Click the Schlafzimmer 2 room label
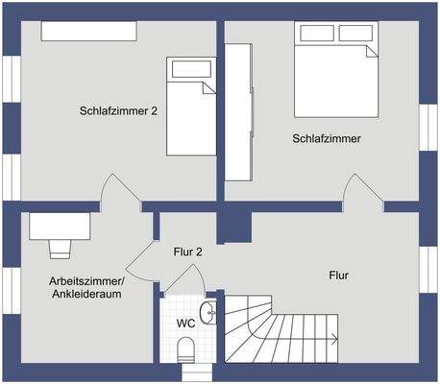point(118,110)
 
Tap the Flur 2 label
point(187,252)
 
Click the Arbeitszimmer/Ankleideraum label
point(86,288)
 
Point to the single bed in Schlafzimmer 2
point(191,106)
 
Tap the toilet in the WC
point(187,350)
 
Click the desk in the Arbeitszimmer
point(61,226)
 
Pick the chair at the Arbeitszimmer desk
point(61,248)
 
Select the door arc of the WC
point(181,279)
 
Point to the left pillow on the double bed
point(316,34)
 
